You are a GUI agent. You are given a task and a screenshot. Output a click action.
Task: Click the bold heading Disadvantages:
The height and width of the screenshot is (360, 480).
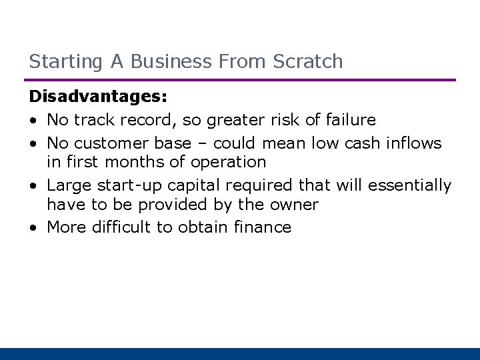(98, 97)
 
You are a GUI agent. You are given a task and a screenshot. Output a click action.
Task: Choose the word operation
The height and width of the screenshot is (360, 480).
(229, 162)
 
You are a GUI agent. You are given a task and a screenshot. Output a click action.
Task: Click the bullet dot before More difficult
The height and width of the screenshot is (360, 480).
(33, 228)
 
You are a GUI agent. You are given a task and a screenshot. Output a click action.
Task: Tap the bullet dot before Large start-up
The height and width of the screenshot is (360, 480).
(33, 185)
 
